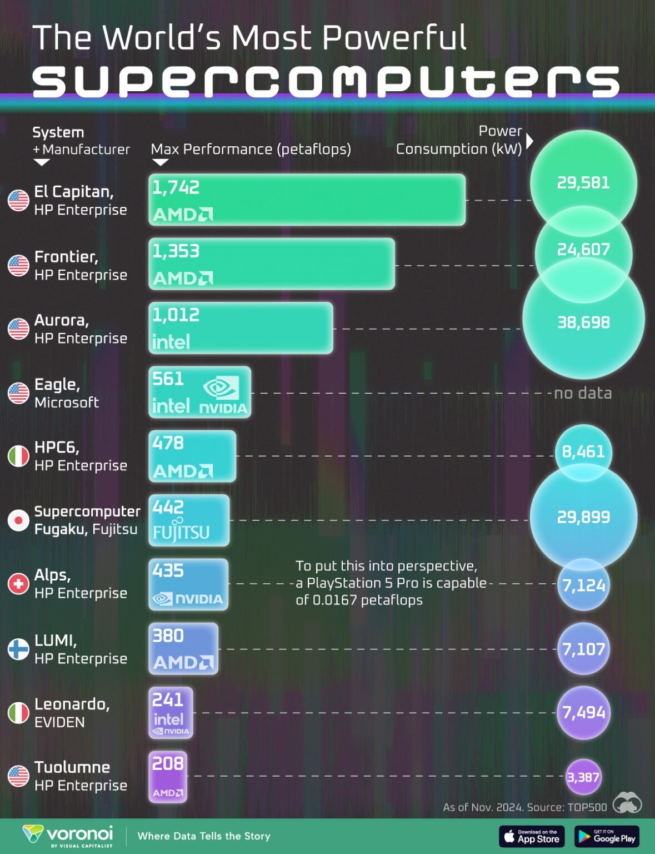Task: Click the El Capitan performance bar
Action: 307,200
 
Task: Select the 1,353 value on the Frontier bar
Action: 176,251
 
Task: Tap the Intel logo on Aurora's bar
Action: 171,341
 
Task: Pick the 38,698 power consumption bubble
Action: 583,322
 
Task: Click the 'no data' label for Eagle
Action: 583,393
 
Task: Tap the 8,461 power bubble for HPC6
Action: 583,451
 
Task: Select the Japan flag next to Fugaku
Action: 18,520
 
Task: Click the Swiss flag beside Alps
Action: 18,584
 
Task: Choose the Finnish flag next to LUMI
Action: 18,649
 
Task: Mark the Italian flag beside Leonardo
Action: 18,713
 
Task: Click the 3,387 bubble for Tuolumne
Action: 583,777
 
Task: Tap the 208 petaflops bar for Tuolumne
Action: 168,777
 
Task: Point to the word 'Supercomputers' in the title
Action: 326,81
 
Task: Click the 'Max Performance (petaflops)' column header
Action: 251,149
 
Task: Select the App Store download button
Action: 532,836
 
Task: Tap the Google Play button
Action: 607,836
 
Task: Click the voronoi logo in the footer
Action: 68,836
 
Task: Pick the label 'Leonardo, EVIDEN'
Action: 72,713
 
